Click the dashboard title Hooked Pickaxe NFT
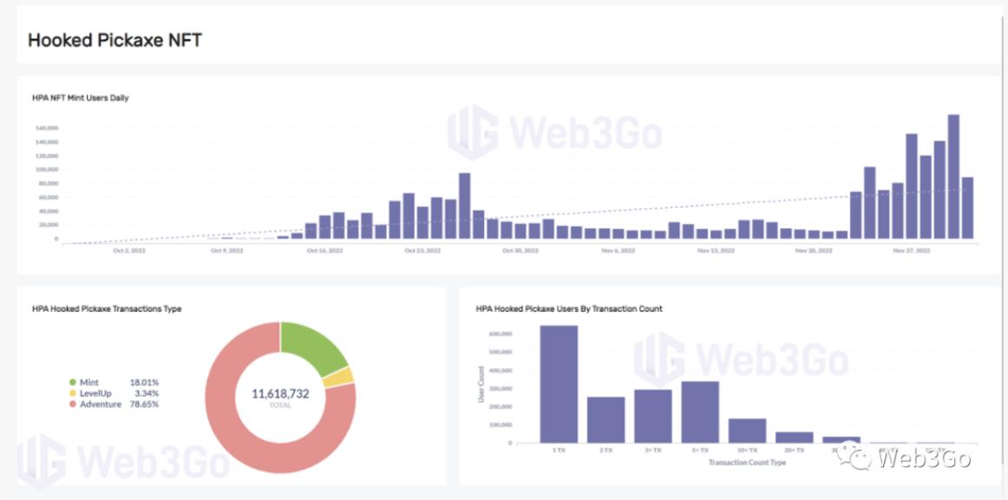(x=115, y=40)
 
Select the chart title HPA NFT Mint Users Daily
(x=80, y=98)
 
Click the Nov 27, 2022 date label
(x=911, y=251)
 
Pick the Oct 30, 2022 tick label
(x=520, y=251)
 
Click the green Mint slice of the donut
(x=311, y=346)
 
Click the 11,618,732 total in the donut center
(x=280, y=393)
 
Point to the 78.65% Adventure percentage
(x=143, y=404)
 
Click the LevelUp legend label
(x=95, y=393)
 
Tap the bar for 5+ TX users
(x=699, y=411)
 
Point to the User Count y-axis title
(x=481, y=384)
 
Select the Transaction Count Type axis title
(x=746, y=463)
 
